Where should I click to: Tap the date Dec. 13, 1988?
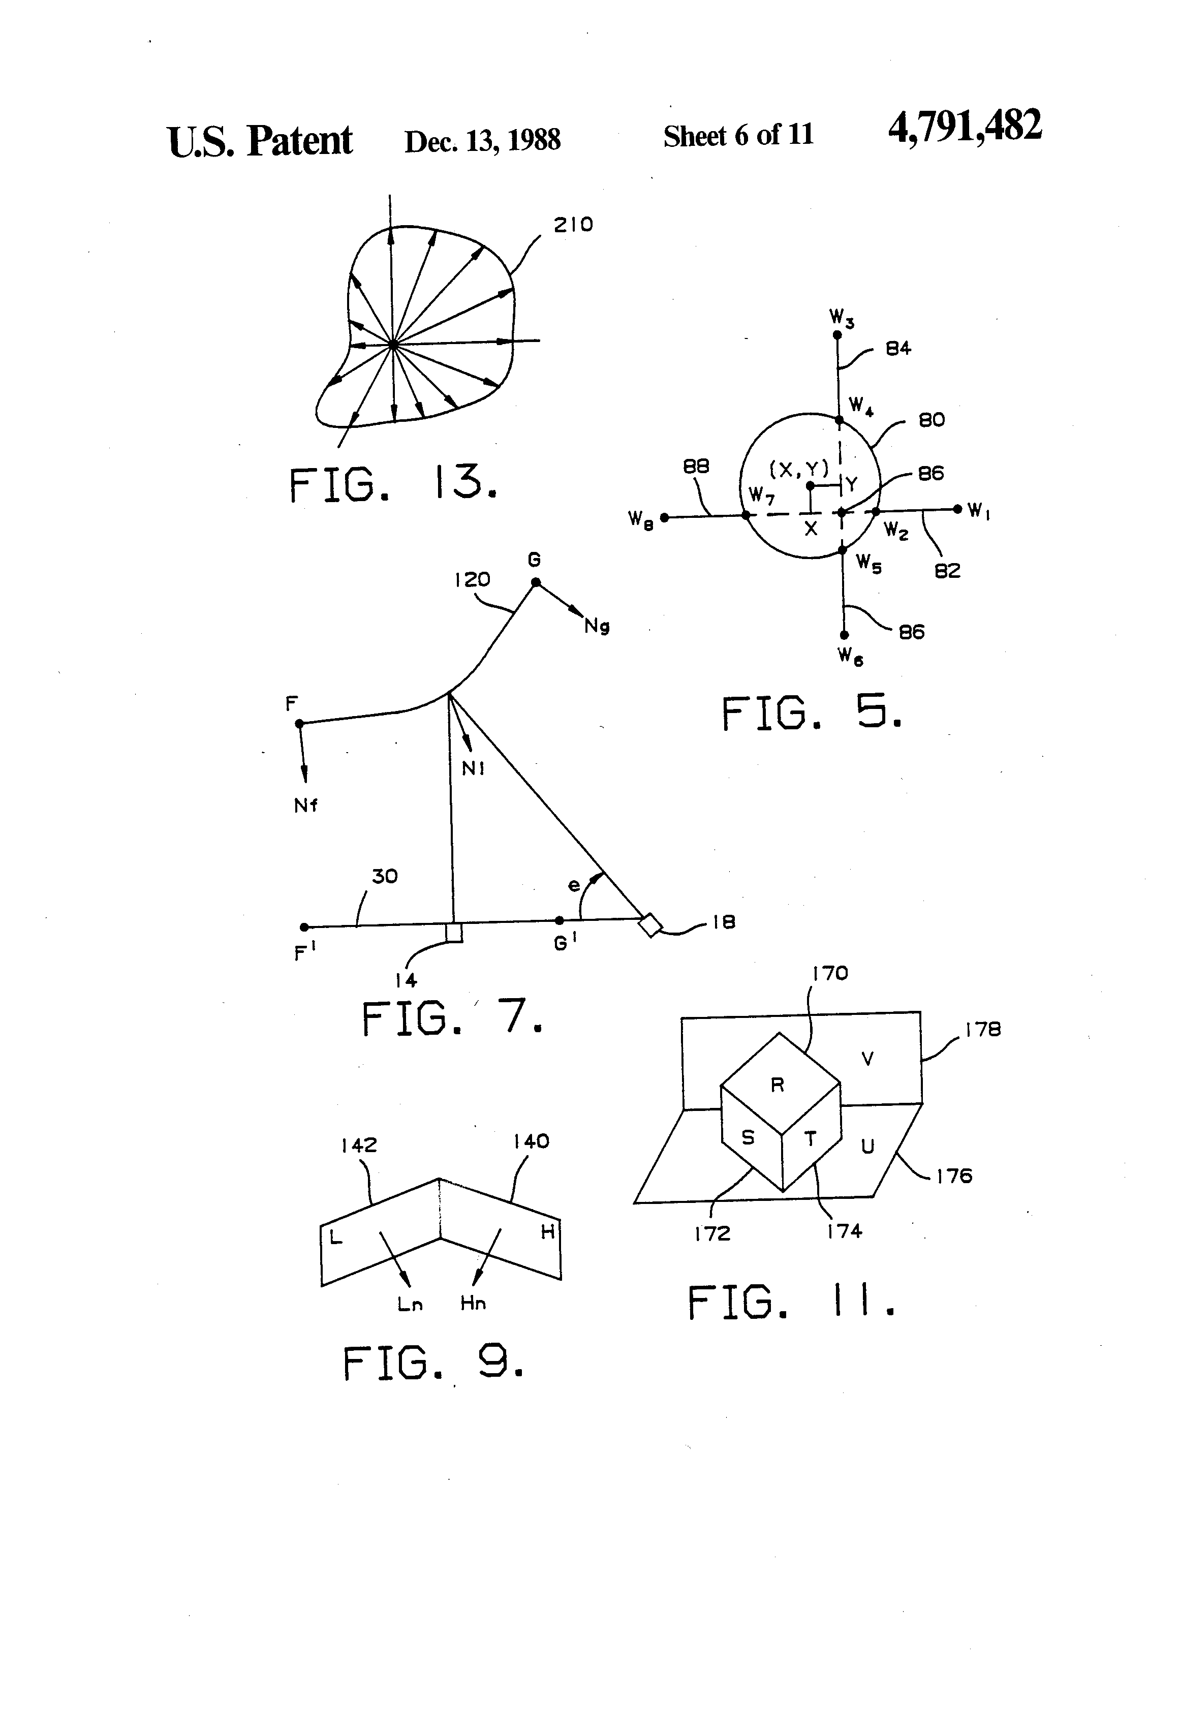point(482,141)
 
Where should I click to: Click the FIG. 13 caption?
point(393,484)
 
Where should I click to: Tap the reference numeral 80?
point(932,420)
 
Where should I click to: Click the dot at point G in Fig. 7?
point(535,582)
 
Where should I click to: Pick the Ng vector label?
point(597,627)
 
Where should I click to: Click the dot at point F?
point(299,723)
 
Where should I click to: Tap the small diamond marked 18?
point(650,925)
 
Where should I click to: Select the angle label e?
point(573,885)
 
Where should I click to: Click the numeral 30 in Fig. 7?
point(385,877)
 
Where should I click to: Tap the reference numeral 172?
point(712,1233)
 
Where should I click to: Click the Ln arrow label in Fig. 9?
point(410,1304)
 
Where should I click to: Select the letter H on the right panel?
point(548,1232)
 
